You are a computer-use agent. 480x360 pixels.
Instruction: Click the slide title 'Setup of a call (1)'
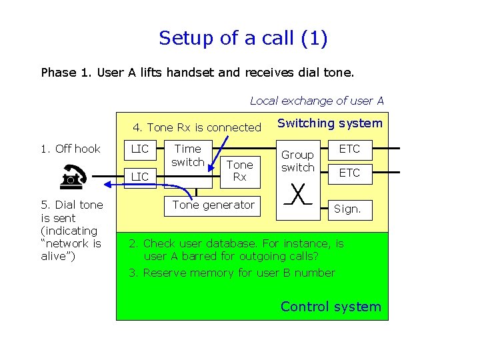click(x=243, y=38)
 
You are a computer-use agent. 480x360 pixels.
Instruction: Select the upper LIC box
click(x=140, y=149)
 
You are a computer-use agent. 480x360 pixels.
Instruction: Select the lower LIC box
click(x=140, y=176)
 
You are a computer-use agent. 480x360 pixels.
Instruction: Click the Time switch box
click(x=187, y=156)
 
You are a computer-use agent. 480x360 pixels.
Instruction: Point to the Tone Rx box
click(x=239, y=170)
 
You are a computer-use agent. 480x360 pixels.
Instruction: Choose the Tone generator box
click(x=213, y=205)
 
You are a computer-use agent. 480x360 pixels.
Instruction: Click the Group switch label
click(x=297, y=161)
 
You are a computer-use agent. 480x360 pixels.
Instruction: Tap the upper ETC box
click(x=349, y=149)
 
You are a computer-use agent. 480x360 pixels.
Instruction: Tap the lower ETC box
click(x=349, y=173)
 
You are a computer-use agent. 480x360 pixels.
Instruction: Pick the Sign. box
click(x=347, y=209)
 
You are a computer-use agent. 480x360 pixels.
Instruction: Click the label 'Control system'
click(x=331, y=307)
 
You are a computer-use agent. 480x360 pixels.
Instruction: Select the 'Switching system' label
click(x=329, y=123)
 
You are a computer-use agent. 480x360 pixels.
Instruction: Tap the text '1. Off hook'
click(x=70, y=149)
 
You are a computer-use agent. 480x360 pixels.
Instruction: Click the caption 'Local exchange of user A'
click(x=317, y=101)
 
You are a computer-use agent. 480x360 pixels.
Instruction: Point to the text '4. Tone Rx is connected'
click(x=197, y=127)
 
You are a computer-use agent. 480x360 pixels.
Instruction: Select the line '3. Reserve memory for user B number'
click(x=232, y=273)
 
